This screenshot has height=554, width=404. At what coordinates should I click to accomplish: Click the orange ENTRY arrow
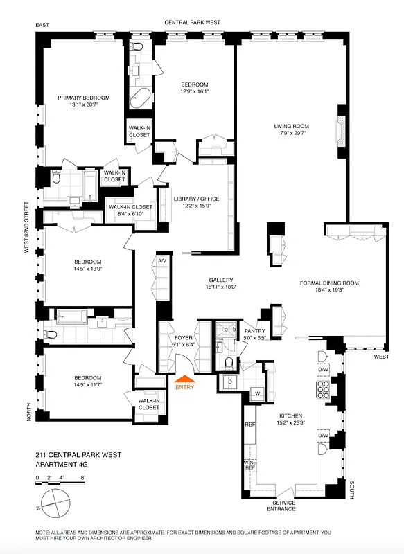click(185, 378)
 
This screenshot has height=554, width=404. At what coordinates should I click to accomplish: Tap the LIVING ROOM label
click(292, 127)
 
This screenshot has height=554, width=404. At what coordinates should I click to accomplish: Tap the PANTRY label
click(255, 331)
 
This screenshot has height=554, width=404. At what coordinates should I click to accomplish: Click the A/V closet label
click(162, 261)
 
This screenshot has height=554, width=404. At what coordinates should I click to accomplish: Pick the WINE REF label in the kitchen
click(249, 465)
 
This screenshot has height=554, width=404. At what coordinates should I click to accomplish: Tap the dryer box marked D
click(230, 382)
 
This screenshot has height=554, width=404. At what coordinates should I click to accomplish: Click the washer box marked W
click(257, 394)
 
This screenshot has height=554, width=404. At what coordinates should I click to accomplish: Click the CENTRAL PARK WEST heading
click(192, 23)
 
